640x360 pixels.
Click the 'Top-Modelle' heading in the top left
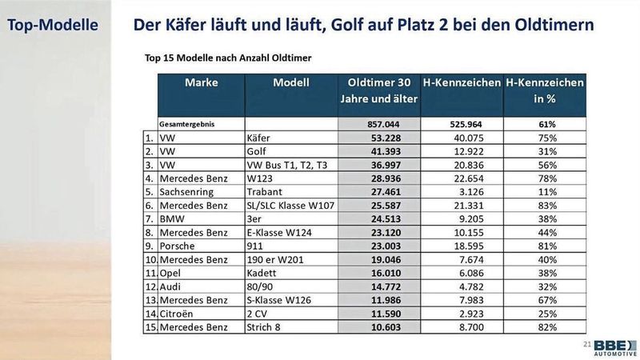53,25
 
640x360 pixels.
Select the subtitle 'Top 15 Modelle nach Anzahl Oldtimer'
228,58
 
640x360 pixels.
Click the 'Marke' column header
201,82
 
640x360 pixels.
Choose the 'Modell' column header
291,82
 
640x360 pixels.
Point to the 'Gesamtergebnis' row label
192,124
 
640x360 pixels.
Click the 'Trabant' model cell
266,192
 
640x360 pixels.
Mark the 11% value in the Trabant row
546,192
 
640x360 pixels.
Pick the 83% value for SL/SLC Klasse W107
546,206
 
